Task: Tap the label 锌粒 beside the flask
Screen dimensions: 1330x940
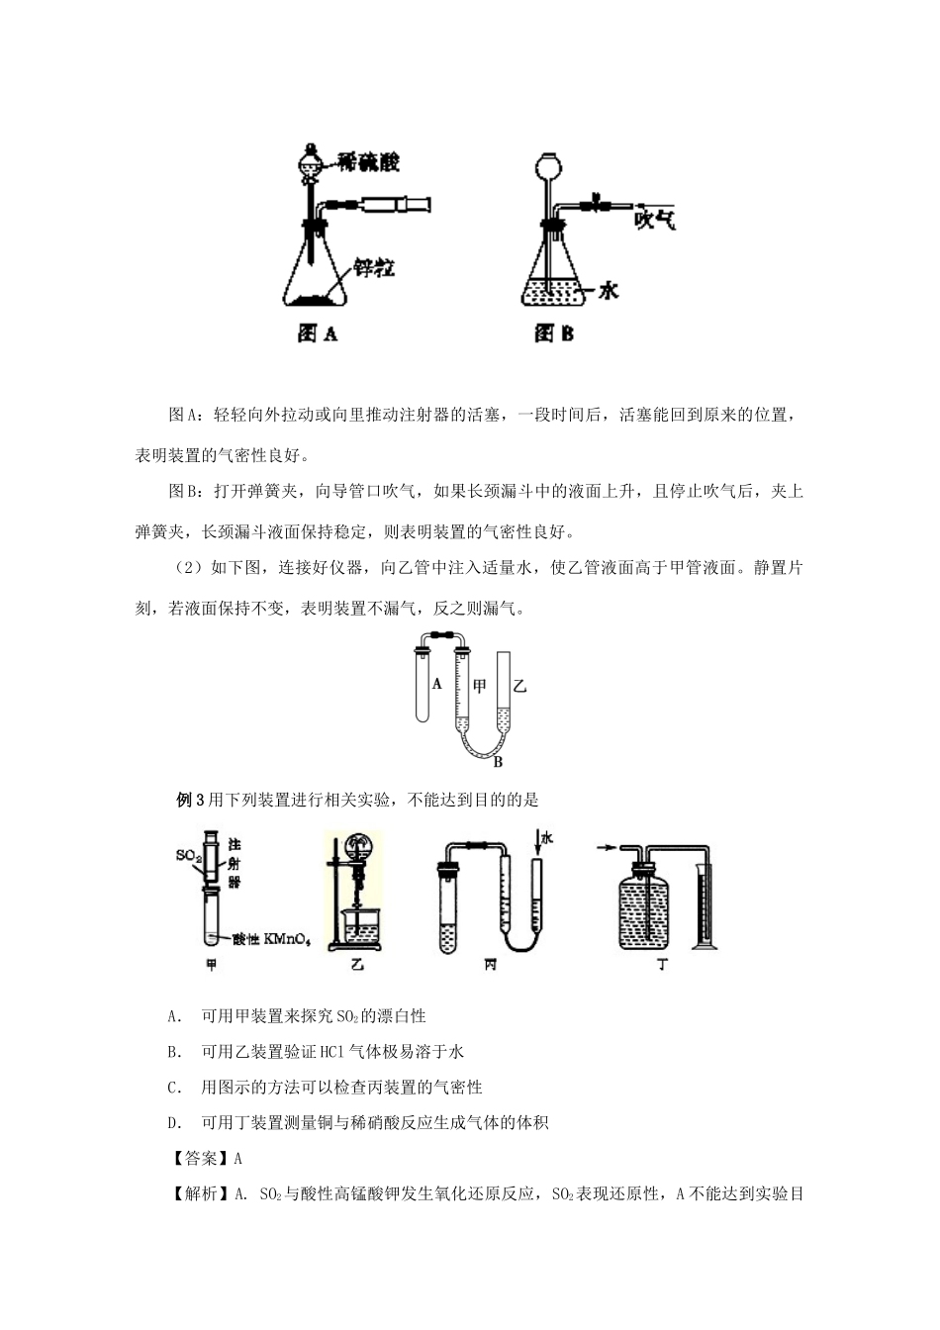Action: point(375,267)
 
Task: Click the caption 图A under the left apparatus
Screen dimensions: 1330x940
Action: point(318,333)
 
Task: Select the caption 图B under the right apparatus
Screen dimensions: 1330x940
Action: point(554,333)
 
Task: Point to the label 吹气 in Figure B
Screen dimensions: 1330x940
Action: point(655,217)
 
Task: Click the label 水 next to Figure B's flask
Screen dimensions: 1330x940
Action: point(608,290)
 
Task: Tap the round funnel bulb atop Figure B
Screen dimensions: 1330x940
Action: point(547,163)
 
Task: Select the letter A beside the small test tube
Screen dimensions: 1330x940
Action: point(437,683)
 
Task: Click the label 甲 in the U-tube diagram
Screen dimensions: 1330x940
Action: point(480,686)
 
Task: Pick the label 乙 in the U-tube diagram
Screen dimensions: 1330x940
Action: point(520,686)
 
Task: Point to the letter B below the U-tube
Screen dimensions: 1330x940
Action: point(498,762)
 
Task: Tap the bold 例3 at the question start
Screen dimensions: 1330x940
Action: point(189,800)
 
